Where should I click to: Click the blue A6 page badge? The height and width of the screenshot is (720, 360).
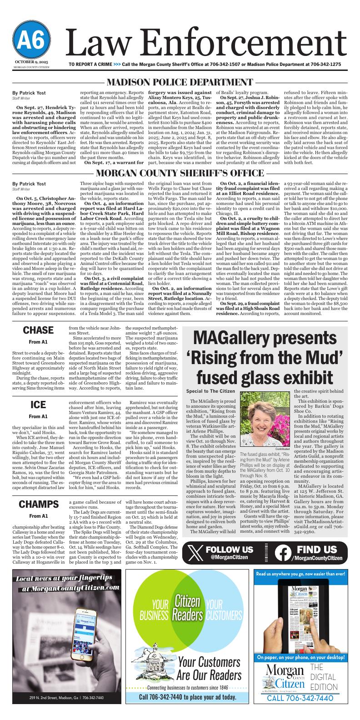tap(31, 41)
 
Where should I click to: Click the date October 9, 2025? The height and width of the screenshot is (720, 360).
tap(31, 61)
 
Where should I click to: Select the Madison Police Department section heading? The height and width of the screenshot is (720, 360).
tap(180, 82)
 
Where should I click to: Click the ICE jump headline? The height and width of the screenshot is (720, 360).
tap(38, 404)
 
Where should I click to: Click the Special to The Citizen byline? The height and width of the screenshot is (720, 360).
tap(210, 391)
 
